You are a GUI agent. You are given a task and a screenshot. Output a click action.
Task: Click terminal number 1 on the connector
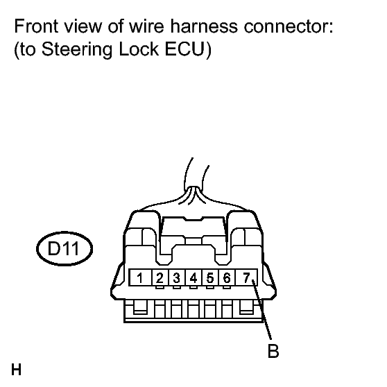[140, 278]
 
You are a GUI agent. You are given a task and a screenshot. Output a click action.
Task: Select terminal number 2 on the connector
[160, 278]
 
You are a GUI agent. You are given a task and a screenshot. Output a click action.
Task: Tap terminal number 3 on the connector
[176, 278]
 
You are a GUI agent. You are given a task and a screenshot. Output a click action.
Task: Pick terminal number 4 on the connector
[193, 278]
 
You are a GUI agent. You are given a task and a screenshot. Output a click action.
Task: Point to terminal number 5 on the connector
[210, 278]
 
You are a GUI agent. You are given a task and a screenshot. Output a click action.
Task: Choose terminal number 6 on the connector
[227, 278]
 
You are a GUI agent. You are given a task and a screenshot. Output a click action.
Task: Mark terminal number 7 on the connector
[247, 277]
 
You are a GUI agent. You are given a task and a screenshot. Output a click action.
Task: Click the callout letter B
[273, 351]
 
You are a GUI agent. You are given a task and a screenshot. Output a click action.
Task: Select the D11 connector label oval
[64, 248]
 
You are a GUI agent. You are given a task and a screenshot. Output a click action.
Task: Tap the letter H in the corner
[16, 370]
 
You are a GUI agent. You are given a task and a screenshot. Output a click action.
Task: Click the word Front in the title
[37, 26]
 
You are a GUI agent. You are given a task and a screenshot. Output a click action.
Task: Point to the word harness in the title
[204, 26]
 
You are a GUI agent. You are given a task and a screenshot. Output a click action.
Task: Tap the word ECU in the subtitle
[185, 49]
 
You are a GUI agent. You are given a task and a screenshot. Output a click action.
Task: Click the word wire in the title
[146, 26]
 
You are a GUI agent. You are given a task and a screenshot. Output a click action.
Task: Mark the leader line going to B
[262, 309]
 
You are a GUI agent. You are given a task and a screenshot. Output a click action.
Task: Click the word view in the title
[83, 26]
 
